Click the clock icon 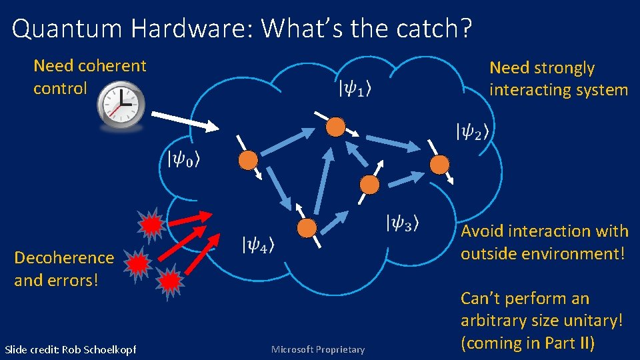tap(121, 105)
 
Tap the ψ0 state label tap(184, 159)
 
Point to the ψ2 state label tap(471, 131)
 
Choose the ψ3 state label tap(403, 223)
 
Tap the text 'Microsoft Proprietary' tap(318, 349)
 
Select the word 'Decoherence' tap(64, 257)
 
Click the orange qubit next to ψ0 tap(248, 160)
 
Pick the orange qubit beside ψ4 tap(307, 228)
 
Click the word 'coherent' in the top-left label tap(112, 66)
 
